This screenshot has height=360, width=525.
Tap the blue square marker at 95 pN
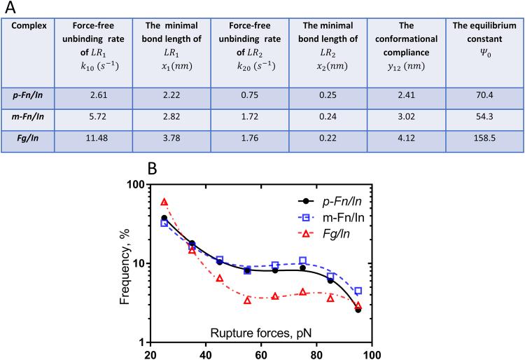click(x=358, y=291)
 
